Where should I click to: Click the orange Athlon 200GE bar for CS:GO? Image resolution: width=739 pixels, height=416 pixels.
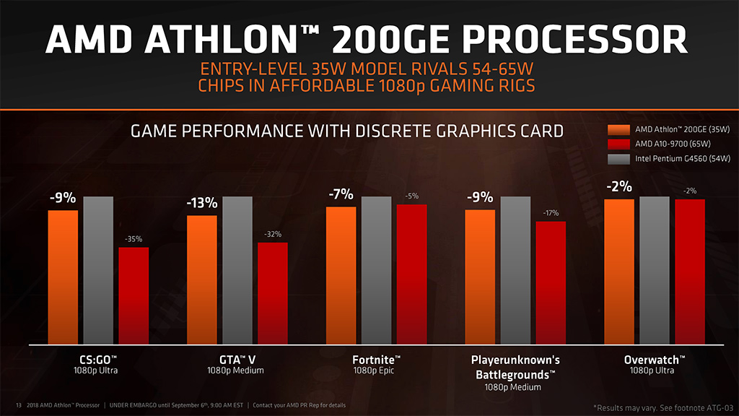tap(63, 277)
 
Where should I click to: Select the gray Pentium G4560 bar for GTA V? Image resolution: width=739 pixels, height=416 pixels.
tap(237, 271)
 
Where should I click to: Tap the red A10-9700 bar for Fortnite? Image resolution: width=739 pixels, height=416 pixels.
tap(411, 274)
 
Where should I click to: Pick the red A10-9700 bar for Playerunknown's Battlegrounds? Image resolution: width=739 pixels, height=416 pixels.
tap(551, 283)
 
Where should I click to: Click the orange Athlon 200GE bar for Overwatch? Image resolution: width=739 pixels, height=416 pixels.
tap(619, 272)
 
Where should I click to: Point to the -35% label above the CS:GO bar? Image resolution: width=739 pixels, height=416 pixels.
tap(134, 239)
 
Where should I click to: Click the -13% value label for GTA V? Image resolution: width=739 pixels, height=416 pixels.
tap(201, 204)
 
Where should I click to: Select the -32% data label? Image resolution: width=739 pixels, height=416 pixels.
tap(273, 234)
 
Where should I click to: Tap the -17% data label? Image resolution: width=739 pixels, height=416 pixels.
tap(551, 213)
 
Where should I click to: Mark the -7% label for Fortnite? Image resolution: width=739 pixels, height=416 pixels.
tap(341, 194)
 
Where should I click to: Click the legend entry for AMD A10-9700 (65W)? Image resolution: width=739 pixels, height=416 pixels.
tap(661, 144)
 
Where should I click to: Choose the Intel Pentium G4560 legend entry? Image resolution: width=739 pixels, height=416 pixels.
tap(671, 158)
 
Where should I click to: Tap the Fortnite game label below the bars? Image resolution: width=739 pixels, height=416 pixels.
tap(376, 359)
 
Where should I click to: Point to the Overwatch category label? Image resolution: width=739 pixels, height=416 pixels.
tap(655, 359)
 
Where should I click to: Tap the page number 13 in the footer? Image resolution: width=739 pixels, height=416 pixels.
tap(19, 404)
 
